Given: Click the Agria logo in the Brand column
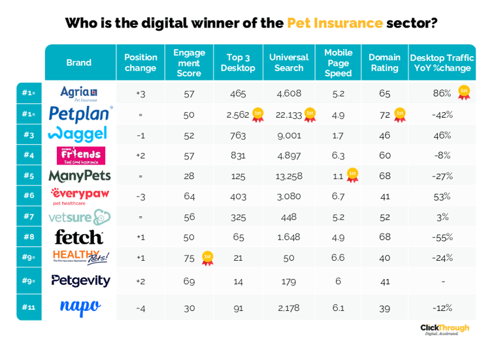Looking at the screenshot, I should tap(79, 93).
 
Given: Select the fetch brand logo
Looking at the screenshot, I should tap(79, 237).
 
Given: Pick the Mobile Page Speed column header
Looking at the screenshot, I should tap(338, 63).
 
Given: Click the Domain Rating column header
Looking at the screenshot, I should tap(384, 63).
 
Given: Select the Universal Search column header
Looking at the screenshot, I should tap(289, 63).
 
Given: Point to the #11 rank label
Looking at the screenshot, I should tap(28, 306).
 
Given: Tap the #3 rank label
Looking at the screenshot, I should tap(28, 135).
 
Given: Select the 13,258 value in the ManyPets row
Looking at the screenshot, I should tap(289, 176).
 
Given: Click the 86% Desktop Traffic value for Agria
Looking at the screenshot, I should tap(442, 93).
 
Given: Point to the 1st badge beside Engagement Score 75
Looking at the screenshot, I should tap(208, 257).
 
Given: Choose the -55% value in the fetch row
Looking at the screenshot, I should tap(442, 237).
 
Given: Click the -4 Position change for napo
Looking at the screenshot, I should tap(140, 306).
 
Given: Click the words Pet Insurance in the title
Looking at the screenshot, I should tap(335, 24).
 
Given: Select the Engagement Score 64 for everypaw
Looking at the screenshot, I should tap(189, 196).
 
